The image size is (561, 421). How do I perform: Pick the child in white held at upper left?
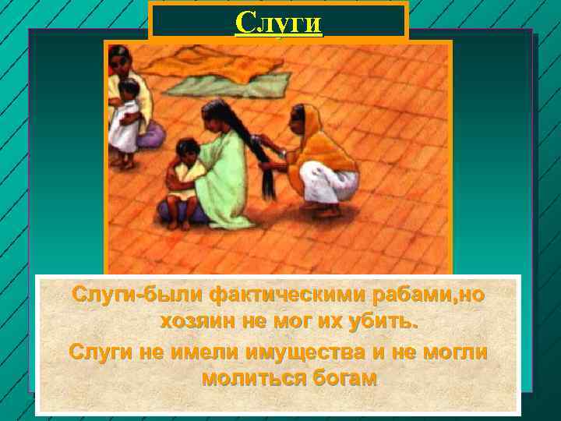click(124, 121)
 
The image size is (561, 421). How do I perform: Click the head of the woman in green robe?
click(213, 117)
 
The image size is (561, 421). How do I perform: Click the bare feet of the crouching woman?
click(327, 210)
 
